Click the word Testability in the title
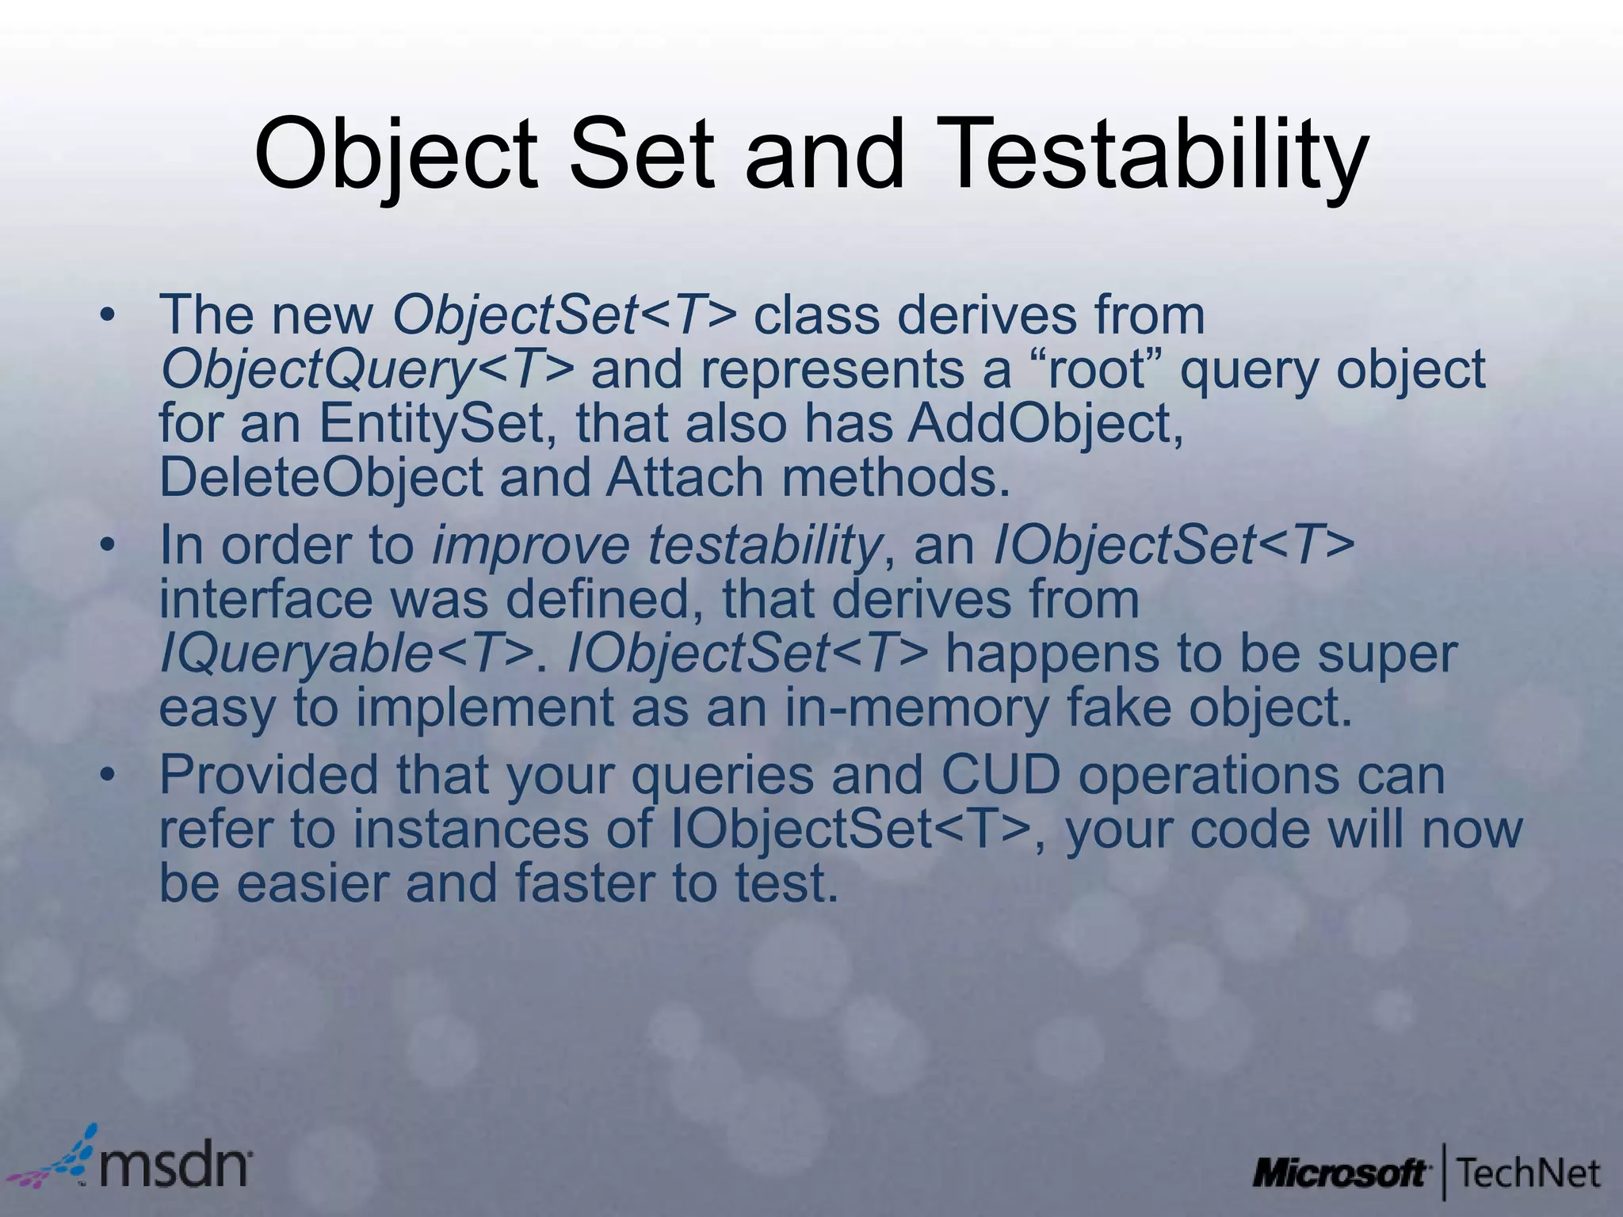[1153, 155]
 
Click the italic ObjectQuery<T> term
[367, 370]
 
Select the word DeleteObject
[320, 477]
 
